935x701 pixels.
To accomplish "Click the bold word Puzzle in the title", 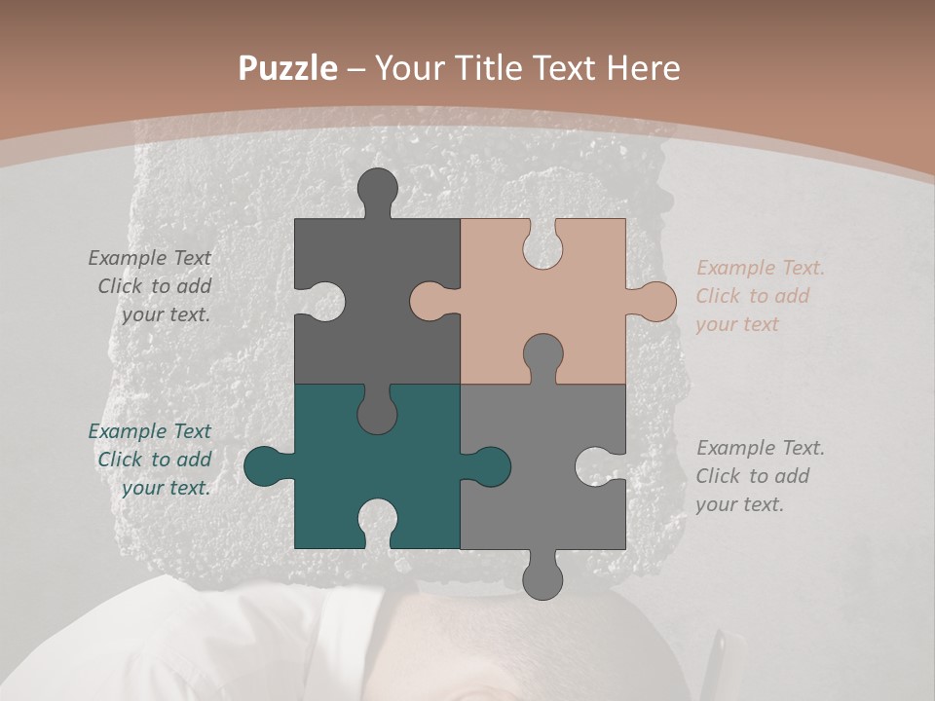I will [x=288, y=68].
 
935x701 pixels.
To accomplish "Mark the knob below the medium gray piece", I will [x=542, y=578].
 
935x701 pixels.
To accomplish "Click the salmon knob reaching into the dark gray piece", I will [x=430, y=301].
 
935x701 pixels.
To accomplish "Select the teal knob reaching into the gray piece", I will [x=489, y=466].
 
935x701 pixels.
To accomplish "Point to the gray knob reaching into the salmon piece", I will [x=542, y=355].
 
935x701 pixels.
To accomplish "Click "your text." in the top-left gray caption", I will [x=166, y=314].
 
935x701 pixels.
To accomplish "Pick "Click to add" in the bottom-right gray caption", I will [x=752, y=476].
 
